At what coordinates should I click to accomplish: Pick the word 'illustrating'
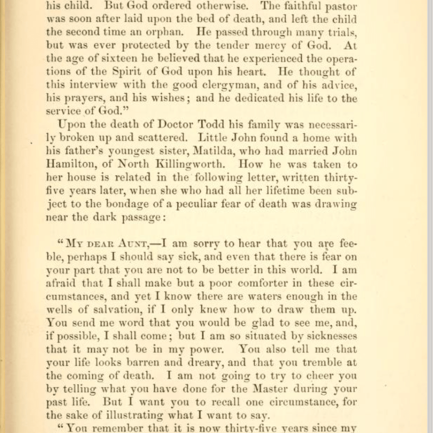pos(135,416)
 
